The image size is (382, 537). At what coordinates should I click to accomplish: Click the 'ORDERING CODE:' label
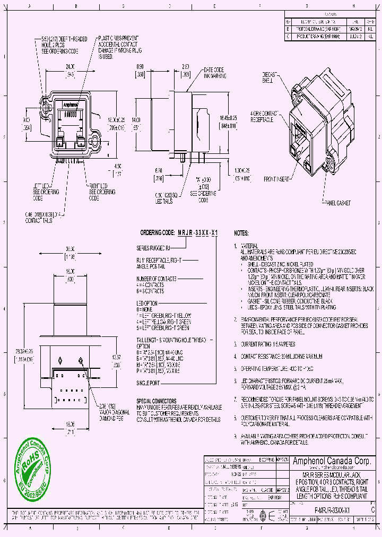click(157, 233)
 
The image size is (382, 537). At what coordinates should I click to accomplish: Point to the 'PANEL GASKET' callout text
click(336, 203)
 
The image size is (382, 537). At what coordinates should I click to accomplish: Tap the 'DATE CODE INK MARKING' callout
click(215, 73)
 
